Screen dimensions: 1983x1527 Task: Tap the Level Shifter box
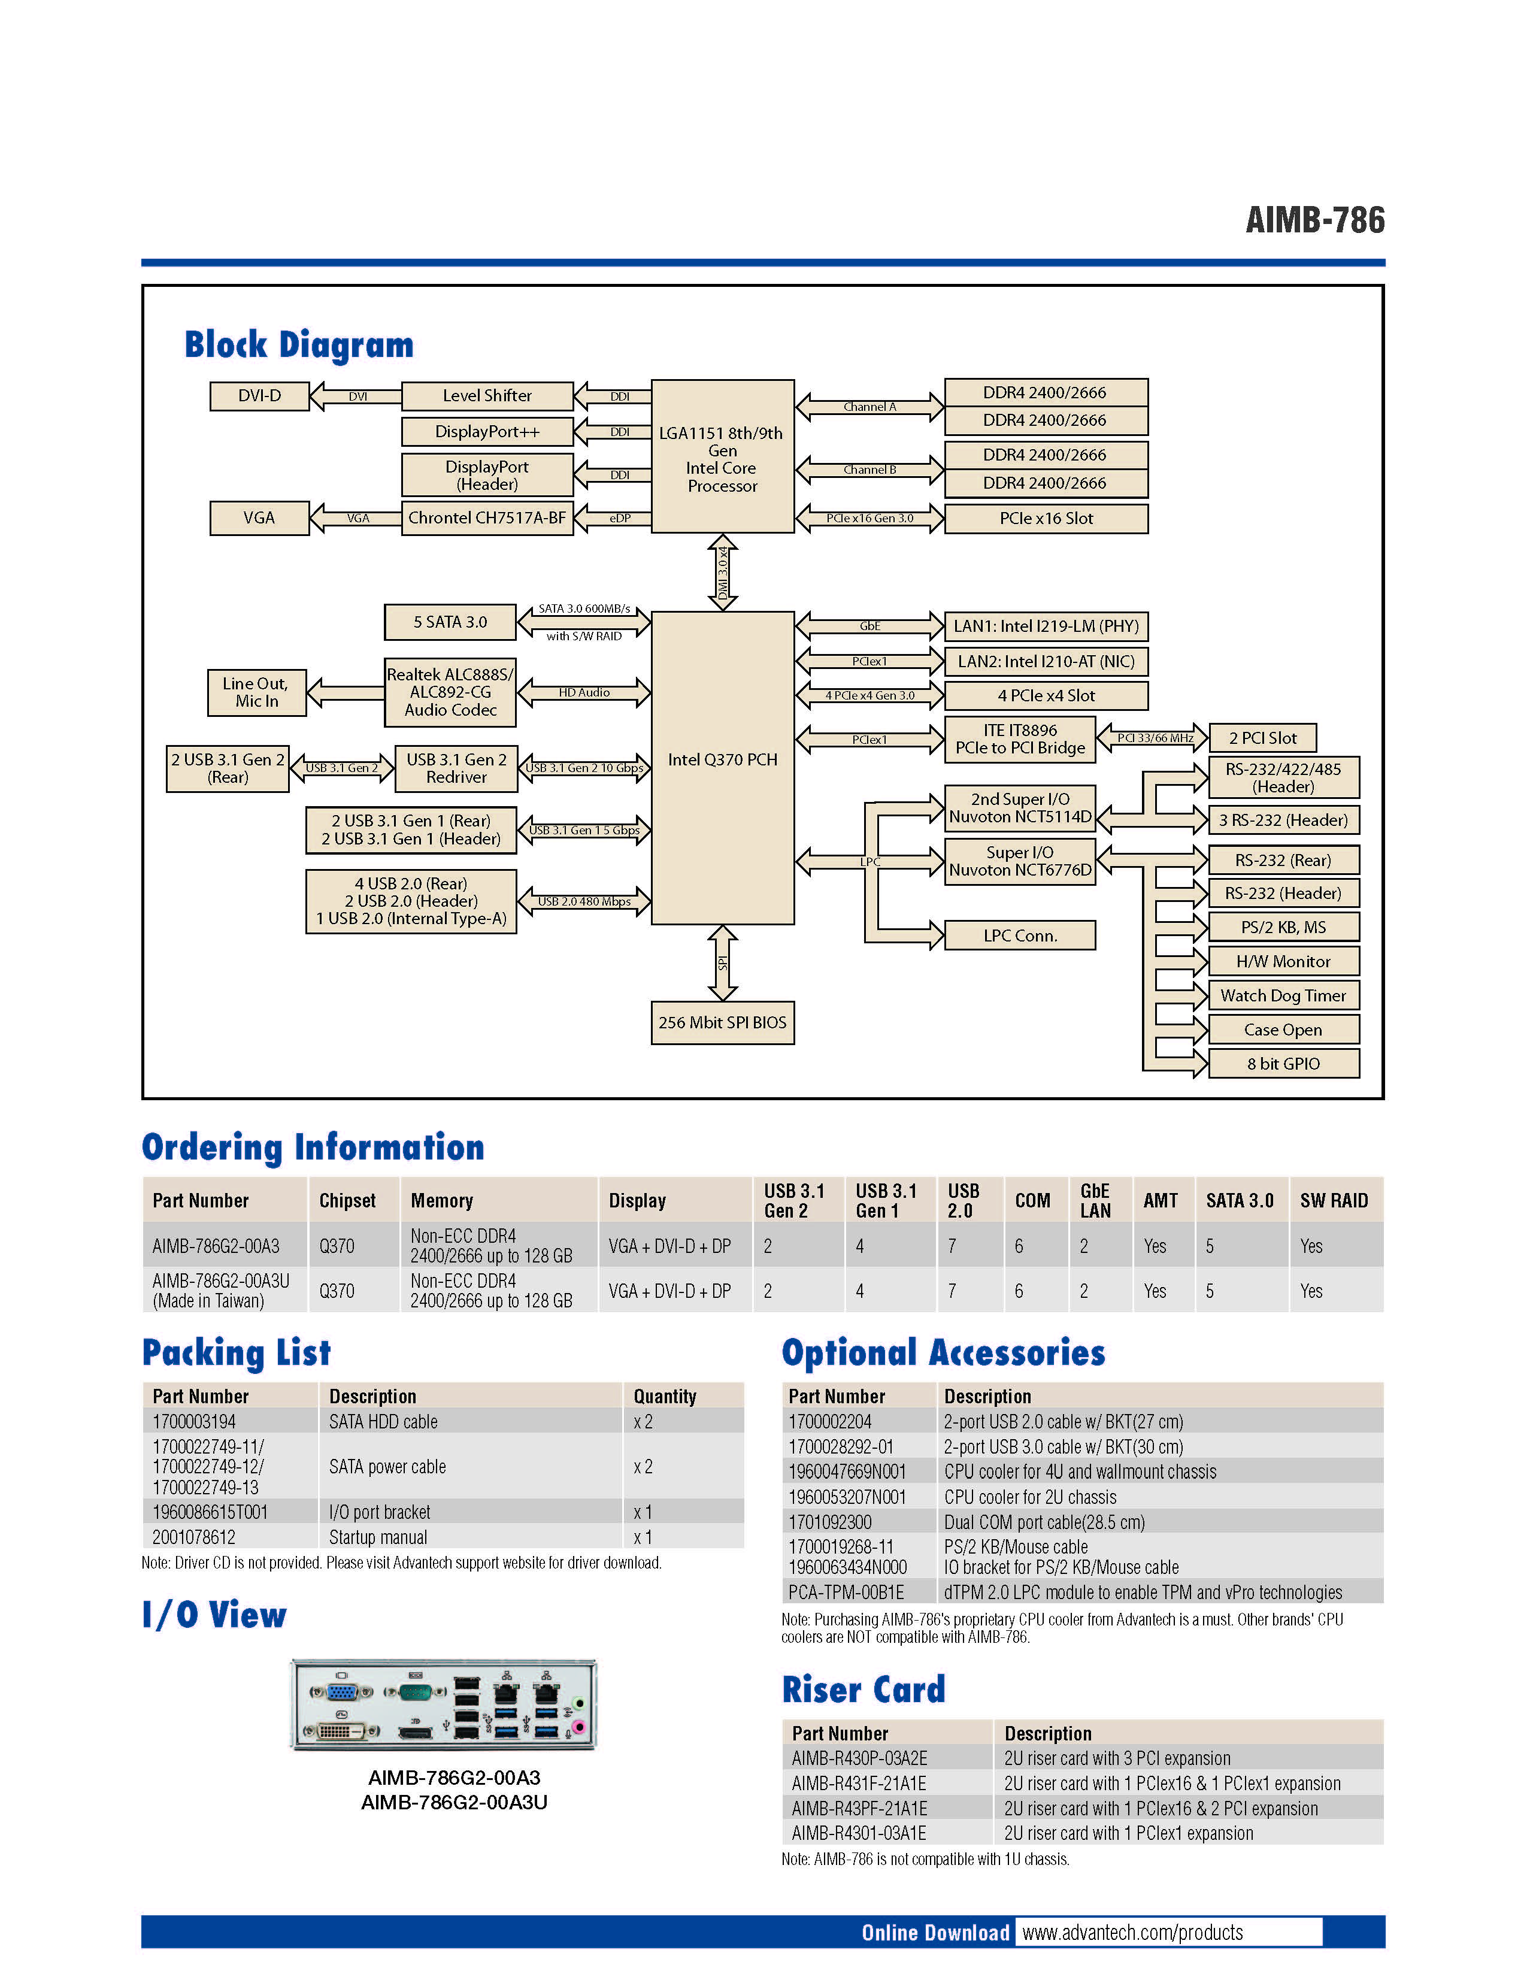pos(487,396)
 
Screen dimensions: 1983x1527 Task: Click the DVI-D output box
pos(260,396)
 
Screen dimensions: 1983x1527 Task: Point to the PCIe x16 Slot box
pos(1046,519)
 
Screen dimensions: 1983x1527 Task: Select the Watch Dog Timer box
pos(1283,995)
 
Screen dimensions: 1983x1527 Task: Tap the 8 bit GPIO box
pos(1283,1063)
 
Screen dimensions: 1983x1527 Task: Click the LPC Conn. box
pos(1020,936)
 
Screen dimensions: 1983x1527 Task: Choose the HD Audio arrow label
pos(584,692)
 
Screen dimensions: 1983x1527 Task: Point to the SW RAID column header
pos(1334,1200)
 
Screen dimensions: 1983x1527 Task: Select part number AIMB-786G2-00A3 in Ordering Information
pos(216,1246)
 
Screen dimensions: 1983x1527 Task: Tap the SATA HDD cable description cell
pos(383,1422)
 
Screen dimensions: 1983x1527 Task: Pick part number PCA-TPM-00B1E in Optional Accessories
pos(846,1593)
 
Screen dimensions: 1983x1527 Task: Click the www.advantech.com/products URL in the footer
pos(1132,1932)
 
